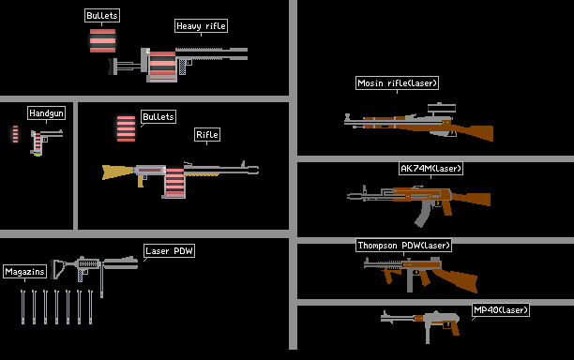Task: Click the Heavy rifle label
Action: tap(201, 26)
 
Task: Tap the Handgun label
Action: tap(46, 113)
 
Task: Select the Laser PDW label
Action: tap(169, 251)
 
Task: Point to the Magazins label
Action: tap(24, 272)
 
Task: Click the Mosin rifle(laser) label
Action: tap(397, 83)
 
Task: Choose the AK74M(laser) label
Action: tap(430, 169)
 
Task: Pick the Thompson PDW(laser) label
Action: tap(403, 245)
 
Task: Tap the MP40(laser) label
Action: tap(501, 310)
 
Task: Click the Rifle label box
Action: tap(207, 135)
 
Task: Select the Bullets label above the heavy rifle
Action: tap(102, 16)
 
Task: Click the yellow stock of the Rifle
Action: tap(117, 172)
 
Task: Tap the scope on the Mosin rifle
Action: tap(442, 108)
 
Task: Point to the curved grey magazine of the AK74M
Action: tap(423, 214)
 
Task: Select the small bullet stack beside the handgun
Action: tap(15, 134)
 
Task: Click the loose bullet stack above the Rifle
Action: tap(126, 128)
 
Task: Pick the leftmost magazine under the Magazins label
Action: tap(23, 307)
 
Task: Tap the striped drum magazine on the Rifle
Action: tap(174, 183)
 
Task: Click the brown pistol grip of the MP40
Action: tap(455, 327)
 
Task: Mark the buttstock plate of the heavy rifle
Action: tap(112, 67)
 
